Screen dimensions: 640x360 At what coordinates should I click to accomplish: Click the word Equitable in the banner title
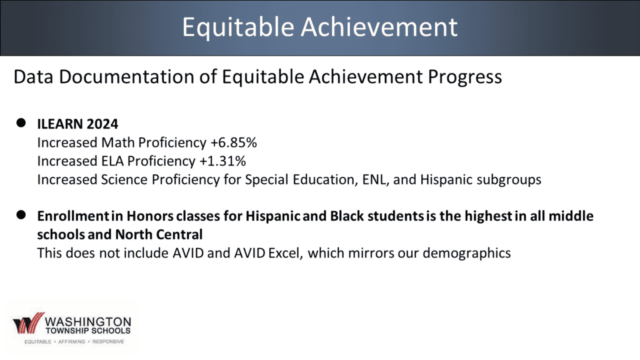click(238, 27)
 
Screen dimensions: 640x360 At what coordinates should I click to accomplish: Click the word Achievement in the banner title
click(379, 27)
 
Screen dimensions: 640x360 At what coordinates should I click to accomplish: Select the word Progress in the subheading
click(465, 77)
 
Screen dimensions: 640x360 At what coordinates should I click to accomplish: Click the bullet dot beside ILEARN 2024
click(21, 123)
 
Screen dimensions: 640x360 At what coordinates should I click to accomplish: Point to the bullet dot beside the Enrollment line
click(21, 215)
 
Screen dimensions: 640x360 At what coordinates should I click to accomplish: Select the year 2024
click(102, 124)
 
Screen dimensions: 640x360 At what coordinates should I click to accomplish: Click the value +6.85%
click(234, 143)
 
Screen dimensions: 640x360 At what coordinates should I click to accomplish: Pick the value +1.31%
click(223, 161)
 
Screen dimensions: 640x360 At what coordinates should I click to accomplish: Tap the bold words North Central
click(159, 234)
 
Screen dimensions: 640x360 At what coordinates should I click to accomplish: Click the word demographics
click(466, 254)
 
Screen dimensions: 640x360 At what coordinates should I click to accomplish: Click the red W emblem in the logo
click(28, 323)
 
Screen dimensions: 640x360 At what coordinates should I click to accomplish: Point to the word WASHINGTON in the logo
click(87, 322)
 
